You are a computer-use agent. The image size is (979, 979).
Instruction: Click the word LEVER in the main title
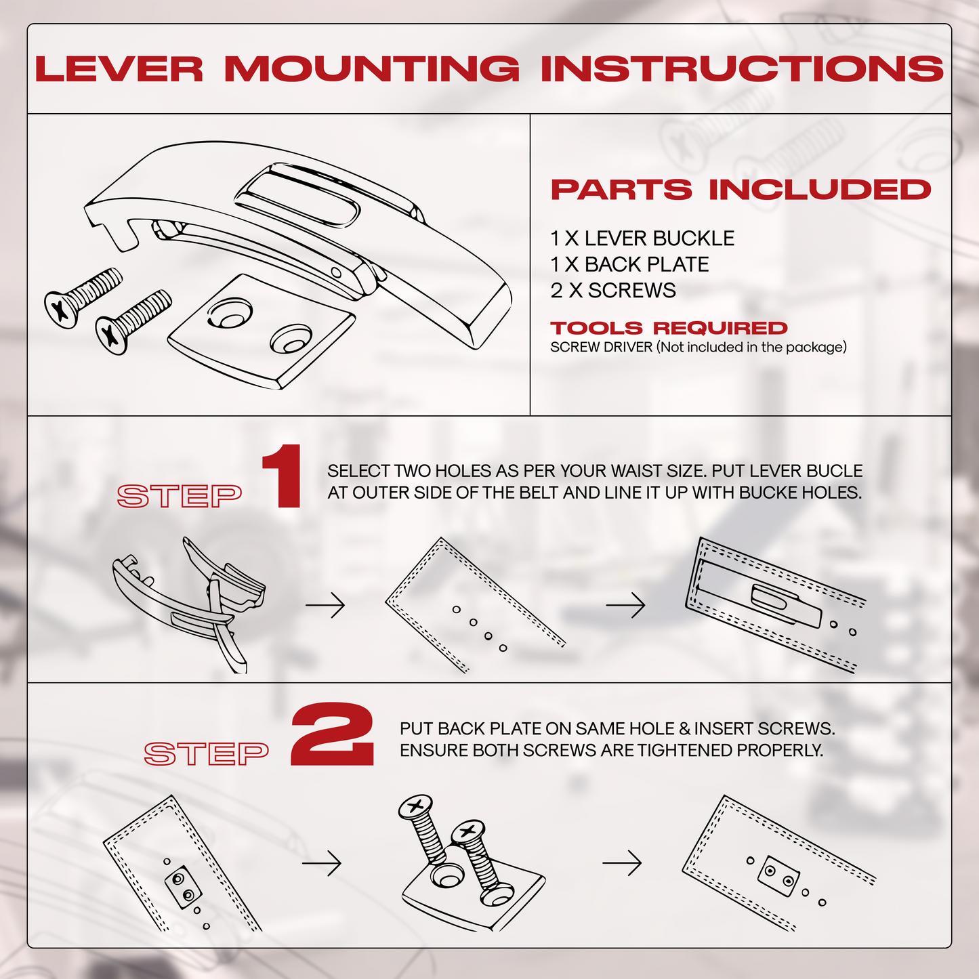[x=119, y=70]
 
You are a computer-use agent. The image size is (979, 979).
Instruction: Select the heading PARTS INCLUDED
[x=741, y=190]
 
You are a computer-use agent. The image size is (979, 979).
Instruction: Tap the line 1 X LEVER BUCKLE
[x=642, y=238]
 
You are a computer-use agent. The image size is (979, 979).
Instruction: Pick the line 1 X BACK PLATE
[x=629, y=264]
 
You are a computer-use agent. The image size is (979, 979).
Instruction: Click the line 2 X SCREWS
[x=612, y=291]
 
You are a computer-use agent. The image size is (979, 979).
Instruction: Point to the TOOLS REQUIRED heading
[x=669, y=329]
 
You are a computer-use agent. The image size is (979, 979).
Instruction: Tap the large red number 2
[x=332, y=735]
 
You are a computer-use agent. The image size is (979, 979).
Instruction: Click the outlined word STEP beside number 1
[x=180, y=497]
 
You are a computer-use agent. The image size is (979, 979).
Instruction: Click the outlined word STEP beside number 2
[x=207, y=753]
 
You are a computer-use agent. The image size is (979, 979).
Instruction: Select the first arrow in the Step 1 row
[x=325, y=604]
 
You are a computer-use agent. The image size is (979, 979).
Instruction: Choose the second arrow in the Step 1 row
[x=625, y=605]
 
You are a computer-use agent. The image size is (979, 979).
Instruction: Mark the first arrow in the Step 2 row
[x=322, y=863]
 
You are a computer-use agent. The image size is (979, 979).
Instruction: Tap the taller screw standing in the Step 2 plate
[x=425, y=837]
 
